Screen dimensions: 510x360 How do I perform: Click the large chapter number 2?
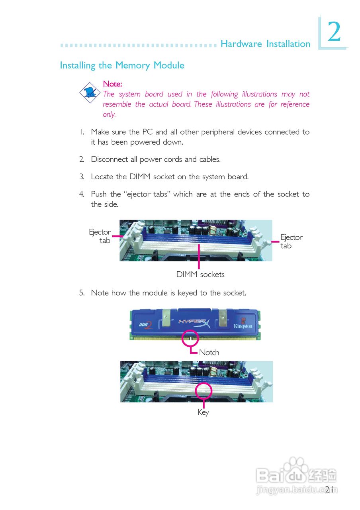click(x=334, y=32)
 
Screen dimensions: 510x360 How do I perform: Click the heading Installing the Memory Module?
click(x=122, y=65)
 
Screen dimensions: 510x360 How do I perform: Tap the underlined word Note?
click(x=112, y=84)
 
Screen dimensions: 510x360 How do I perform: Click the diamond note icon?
click(x=90, y=92)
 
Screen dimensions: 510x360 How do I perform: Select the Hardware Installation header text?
click(x=265, y=44)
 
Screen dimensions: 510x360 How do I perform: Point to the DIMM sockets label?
click(x=200, y=275)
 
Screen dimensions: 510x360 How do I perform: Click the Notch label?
click(x=209, y=352)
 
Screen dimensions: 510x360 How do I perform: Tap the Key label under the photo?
click(x=203, y=412)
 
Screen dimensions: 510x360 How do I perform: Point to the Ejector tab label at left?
click(x=100, y=236)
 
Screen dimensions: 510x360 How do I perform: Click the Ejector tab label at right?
click(x=291, y=241)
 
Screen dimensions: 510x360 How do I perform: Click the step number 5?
click(x=81, y=293)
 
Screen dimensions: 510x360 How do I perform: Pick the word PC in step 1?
click(x=148, y=132)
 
